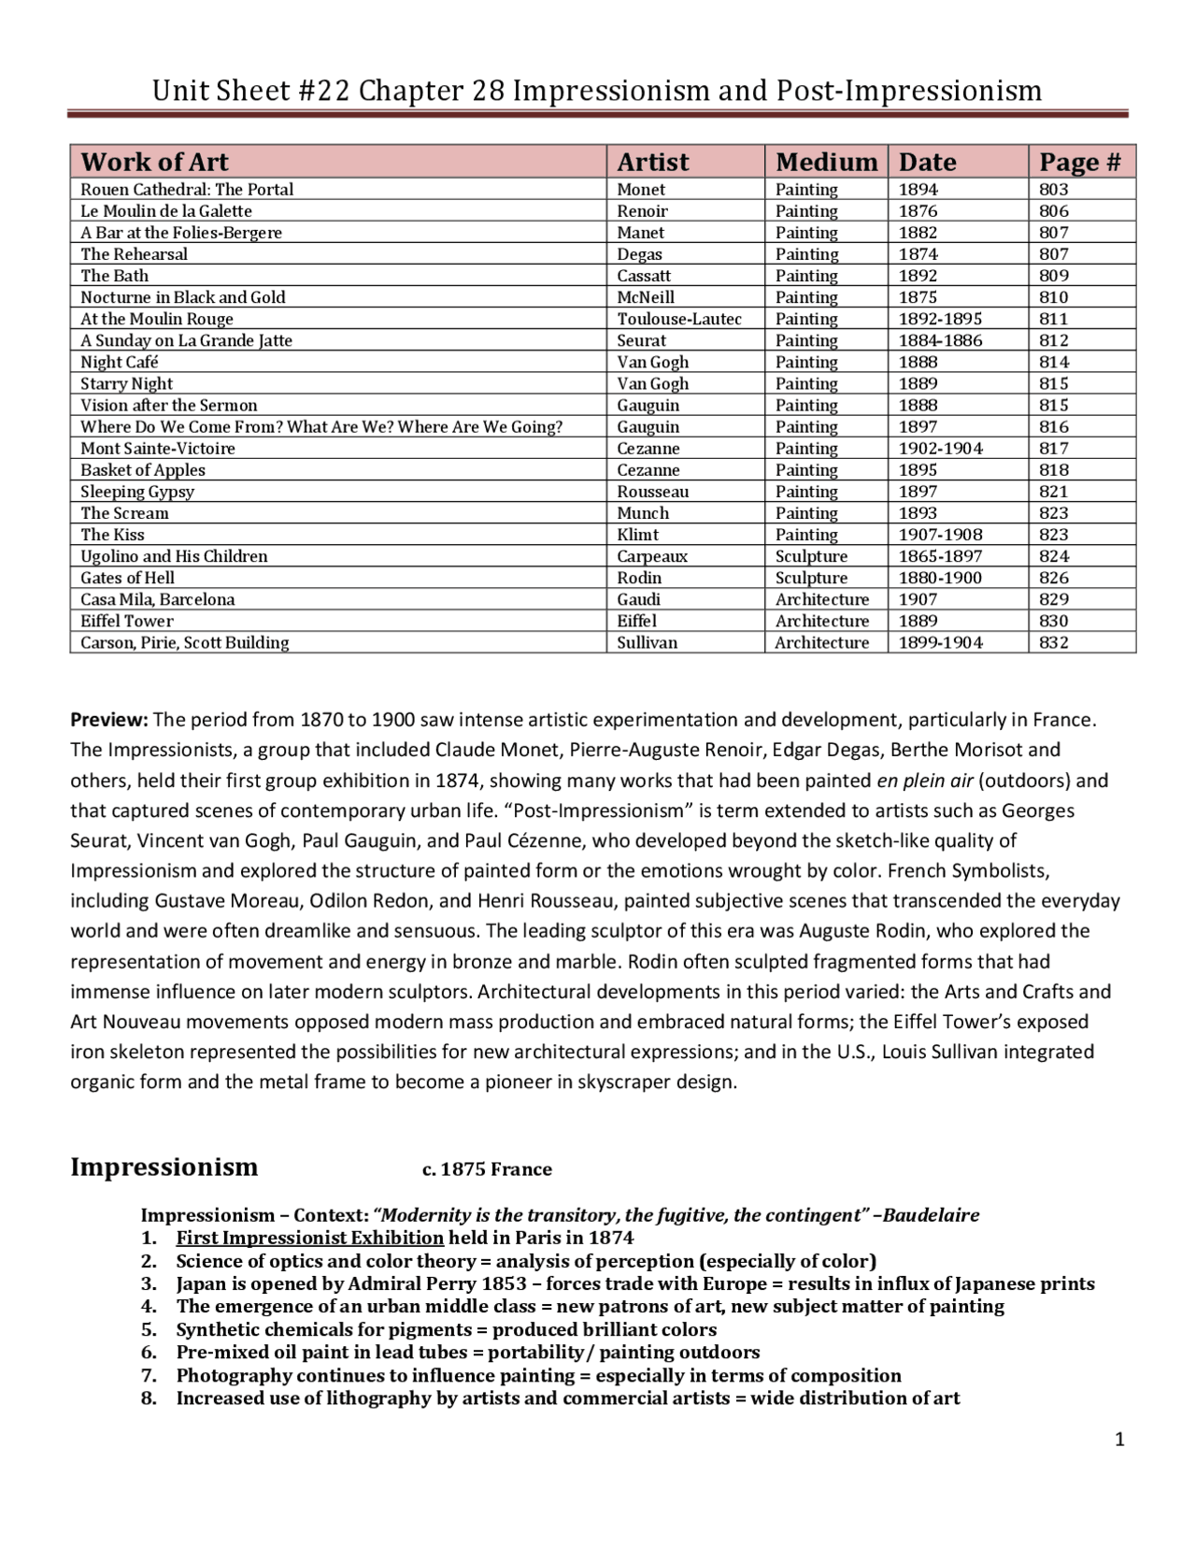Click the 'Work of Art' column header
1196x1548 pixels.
[x=154, y=162]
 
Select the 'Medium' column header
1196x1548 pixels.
[x=826, y=162]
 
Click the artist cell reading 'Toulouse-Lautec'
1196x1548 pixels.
[x=679, y=319]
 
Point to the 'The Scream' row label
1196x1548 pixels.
[x=124, y=513]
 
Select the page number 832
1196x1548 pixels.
[x=1053, y=642]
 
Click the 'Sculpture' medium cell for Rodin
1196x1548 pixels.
[x=811, y=578]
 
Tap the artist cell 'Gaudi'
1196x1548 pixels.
[x=638, y=599]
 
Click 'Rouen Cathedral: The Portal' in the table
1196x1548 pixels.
[x=187, y=189]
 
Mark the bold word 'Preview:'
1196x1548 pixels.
[x=109, y=720]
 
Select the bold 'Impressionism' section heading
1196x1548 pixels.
[x=164, y=1167]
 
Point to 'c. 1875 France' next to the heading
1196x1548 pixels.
[x=487, y=1169]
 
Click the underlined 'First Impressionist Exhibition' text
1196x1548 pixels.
[x=309, y=1238]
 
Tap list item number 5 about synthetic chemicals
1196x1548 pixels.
[x=446, y=1329]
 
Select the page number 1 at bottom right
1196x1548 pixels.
[x=1119, y=1440]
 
